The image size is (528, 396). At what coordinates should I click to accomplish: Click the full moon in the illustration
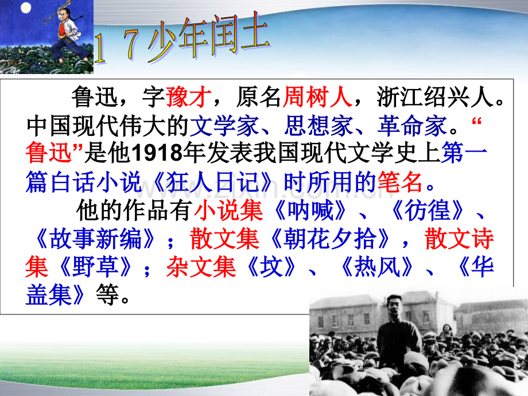[x=26, y=7]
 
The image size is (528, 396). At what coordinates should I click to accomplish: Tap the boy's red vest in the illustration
[x=63, y=30]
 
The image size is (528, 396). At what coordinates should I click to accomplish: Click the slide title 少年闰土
[x=208, y=38]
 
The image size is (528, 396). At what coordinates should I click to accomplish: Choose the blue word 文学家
[x=224, y=126]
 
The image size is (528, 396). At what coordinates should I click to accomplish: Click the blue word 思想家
[x=318, y=126]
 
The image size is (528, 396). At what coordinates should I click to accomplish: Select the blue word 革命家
[x=412, y=126]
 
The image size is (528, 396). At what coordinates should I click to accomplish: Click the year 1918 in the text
[x=157, y=154]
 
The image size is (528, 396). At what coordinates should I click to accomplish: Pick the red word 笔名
[x=400, y=182]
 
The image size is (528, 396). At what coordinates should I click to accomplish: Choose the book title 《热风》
[x=377, y=267]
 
